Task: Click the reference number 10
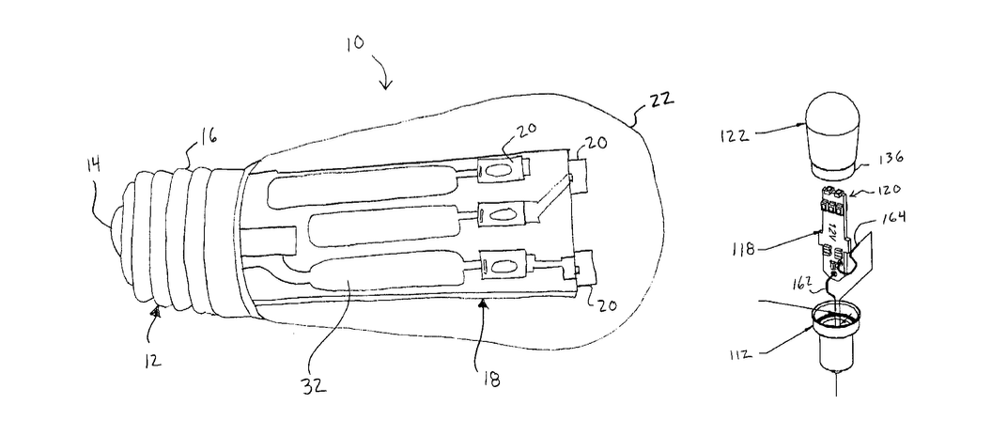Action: [x=354, y=43]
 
